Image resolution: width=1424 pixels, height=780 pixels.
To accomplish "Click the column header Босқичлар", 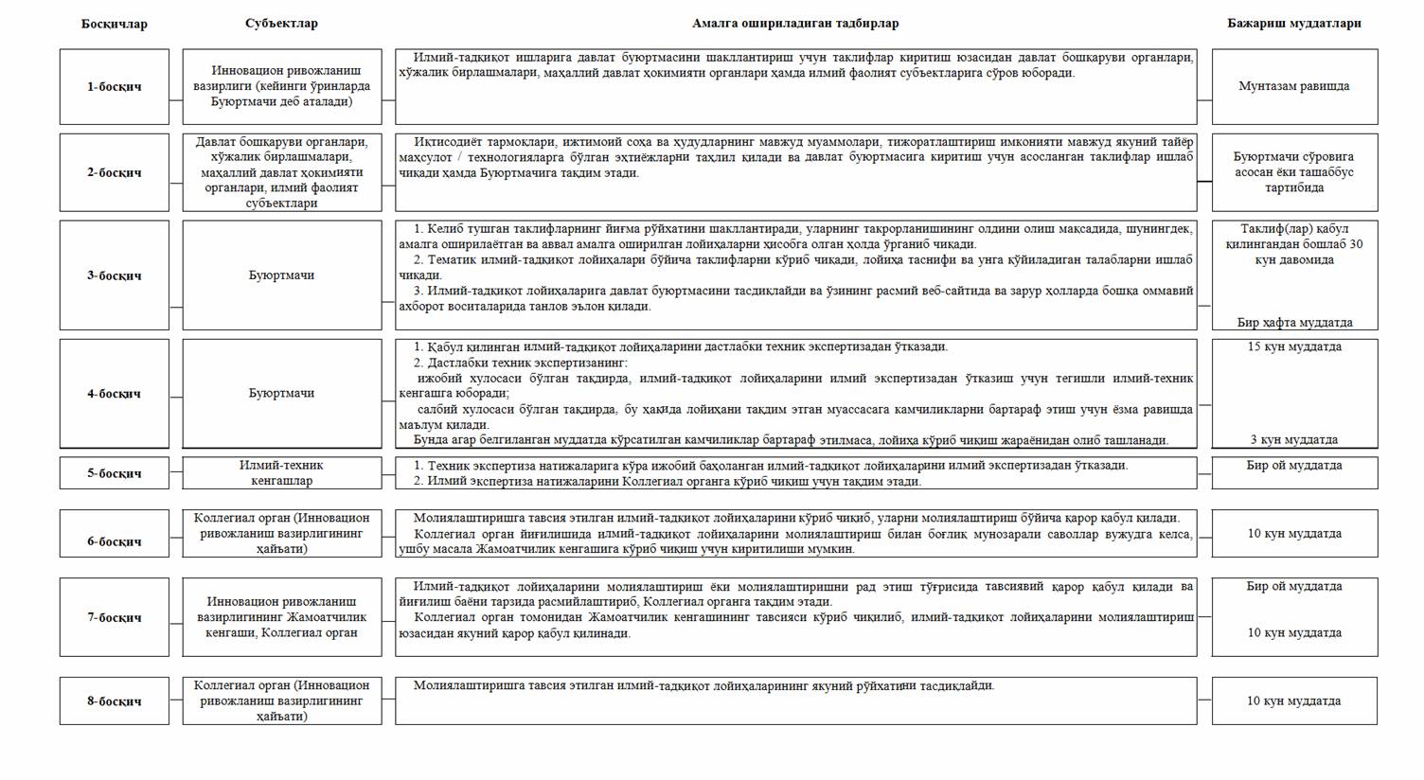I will (x=115, y=24).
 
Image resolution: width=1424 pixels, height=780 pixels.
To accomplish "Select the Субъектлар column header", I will (x=281, y=24).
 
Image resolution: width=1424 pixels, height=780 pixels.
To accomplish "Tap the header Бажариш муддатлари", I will (x=1294, y=24).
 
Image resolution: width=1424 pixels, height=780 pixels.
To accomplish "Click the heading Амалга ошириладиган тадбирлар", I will (x=795, y=24).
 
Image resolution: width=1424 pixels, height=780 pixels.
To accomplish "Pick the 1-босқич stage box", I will (x=115, y=86).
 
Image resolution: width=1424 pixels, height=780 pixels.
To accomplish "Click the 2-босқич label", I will (x=115, y=172).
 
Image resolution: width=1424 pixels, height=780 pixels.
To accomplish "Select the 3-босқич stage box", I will (x=115, y=275).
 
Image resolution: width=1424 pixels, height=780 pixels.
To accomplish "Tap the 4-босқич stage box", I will (x=115, y=394).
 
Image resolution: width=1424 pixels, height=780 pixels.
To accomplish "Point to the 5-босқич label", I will (x=115, y=473).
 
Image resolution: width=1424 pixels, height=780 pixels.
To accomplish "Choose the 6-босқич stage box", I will (x=115, y=541).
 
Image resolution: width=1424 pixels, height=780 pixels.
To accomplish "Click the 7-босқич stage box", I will (x=115, y=617).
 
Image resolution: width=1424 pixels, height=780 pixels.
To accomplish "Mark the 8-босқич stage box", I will (x=115, y=701).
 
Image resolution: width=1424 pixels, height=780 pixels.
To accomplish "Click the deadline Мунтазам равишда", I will (x=1294, y=86).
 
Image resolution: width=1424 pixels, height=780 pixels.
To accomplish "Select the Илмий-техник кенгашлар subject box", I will (x=282, y=472).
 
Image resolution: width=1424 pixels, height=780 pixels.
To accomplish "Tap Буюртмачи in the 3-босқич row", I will (x=282, y=275).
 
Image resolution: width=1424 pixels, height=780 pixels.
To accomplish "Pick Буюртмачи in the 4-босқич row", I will (x=282, y=393).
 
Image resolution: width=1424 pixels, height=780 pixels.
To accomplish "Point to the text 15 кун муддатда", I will (x=1294, y=346).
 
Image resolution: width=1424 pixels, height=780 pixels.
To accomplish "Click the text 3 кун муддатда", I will (x=1294, y=440).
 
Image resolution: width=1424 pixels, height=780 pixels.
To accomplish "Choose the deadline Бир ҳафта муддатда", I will (x=1294, y=323).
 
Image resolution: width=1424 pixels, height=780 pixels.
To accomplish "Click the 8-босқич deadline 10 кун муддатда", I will (x=1294, y=701).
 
